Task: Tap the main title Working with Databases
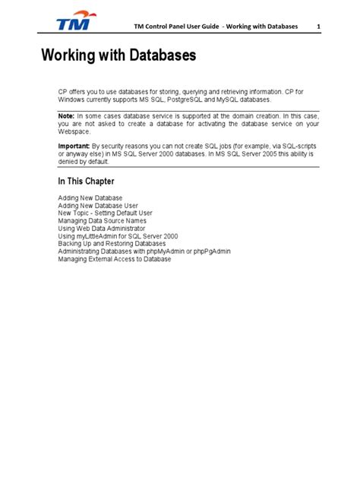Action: tap(118, 56)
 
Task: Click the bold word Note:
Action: tap(68, 115)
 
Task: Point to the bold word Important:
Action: tap(75, 145)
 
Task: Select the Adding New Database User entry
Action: tap(98, 205)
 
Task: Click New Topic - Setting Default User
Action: tap(105, 213)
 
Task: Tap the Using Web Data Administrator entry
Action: tap(103, 229)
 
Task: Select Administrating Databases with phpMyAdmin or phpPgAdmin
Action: tap(141, 251)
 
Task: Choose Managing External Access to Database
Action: tap(114, 259)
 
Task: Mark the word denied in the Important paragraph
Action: tap(69, 160)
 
